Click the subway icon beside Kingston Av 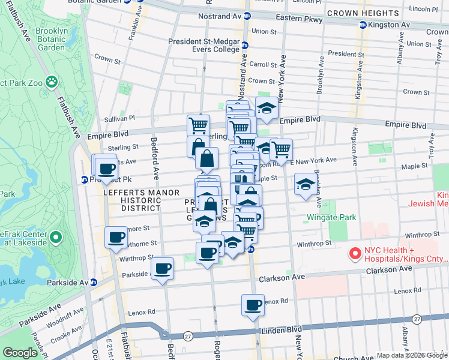point(363,25)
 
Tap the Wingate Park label point(331,217)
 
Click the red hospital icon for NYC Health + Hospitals point(355,254)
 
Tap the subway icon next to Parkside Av point(94,282)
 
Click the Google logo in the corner point(20,353)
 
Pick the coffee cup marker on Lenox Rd point(253,305)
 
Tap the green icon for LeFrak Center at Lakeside point(55,238)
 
